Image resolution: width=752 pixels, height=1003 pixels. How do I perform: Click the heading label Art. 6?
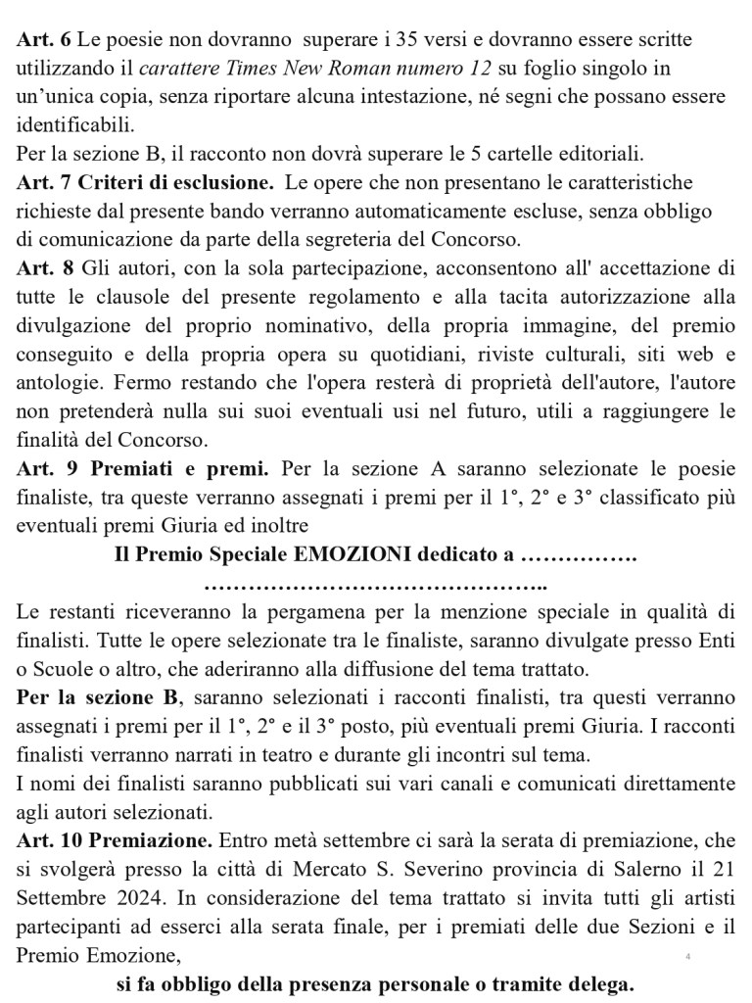43,40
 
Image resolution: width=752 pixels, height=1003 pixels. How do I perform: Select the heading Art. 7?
43,182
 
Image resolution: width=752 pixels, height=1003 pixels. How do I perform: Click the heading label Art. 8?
43,267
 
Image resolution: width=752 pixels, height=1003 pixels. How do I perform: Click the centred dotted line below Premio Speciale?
376,587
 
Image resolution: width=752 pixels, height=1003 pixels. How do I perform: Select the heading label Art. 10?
49,840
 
